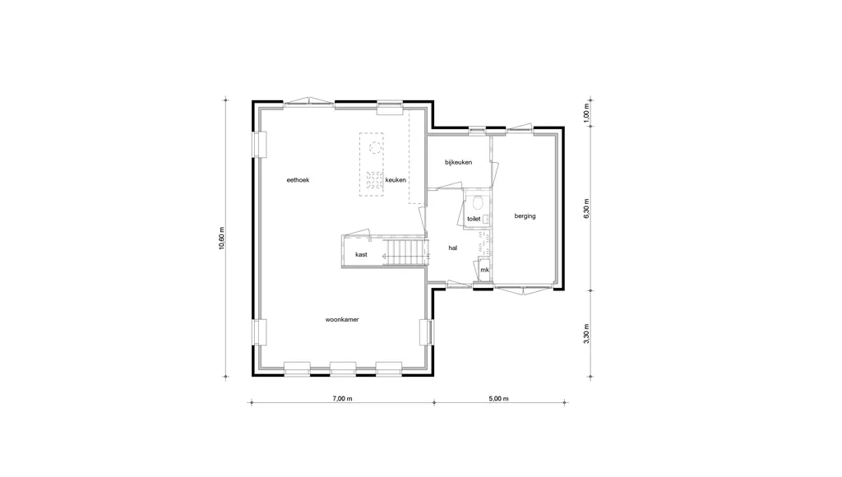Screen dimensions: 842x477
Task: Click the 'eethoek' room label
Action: point(298,180)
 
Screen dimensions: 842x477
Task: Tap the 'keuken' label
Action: point(396,180)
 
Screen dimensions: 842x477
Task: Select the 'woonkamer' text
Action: point(342,320)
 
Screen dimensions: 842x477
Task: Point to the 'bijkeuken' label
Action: point(459,162)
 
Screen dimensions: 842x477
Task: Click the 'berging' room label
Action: point(525,216)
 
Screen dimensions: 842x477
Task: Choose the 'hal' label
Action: point(453,248)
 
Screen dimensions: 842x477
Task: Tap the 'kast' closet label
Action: point(362,255)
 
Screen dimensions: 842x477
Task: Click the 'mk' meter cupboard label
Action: point(485,271)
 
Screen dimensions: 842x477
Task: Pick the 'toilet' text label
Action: point(474,219)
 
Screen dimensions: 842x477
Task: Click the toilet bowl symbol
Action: point(478,202)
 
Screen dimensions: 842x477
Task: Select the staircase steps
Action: point(405,252)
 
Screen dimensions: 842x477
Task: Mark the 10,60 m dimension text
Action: point(222,238)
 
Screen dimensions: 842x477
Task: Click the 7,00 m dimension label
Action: point(342,399)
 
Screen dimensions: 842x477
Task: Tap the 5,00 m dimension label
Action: point(498,399)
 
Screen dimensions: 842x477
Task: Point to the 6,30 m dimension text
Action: point(586,208)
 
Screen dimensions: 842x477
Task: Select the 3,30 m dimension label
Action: point(586,334)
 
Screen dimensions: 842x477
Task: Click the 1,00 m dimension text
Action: point(586,113)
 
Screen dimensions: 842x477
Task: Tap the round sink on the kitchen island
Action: point(375,147)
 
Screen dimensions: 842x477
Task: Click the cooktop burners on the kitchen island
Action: point(374,180)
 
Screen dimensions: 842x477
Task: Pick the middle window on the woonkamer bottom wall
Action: point(343,369)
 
